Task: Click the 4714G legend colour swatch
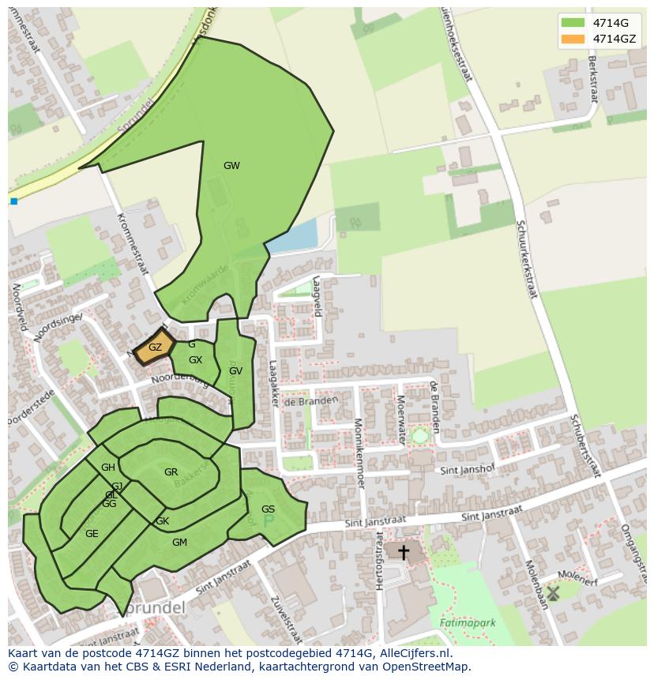tap(573, 22)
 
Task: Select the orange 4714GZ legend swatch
tap(573, 38)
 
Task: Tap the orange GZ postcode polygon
tap(155, 348)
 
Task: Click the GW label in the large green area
tap(231, 166)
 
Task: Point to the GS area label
tap(268, 509)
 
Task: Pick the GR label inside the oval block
tap(171, 472)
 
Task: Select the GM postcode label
tap(179, 542)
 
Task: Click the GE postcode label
tap(92, 534)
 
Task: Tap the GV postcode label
tap(235, 370)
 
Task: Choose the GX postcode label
tap(195, 360)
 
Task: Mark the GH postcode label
tap(108, 468)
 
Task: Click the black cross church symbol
tap(403, 552)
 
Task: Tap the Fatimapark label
tap(468, 622)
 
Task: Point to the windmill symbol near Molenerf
tap(553, 592)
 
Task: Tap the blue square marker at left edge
tap(13, 201)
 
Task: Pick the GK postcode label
tap(162, 521)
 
